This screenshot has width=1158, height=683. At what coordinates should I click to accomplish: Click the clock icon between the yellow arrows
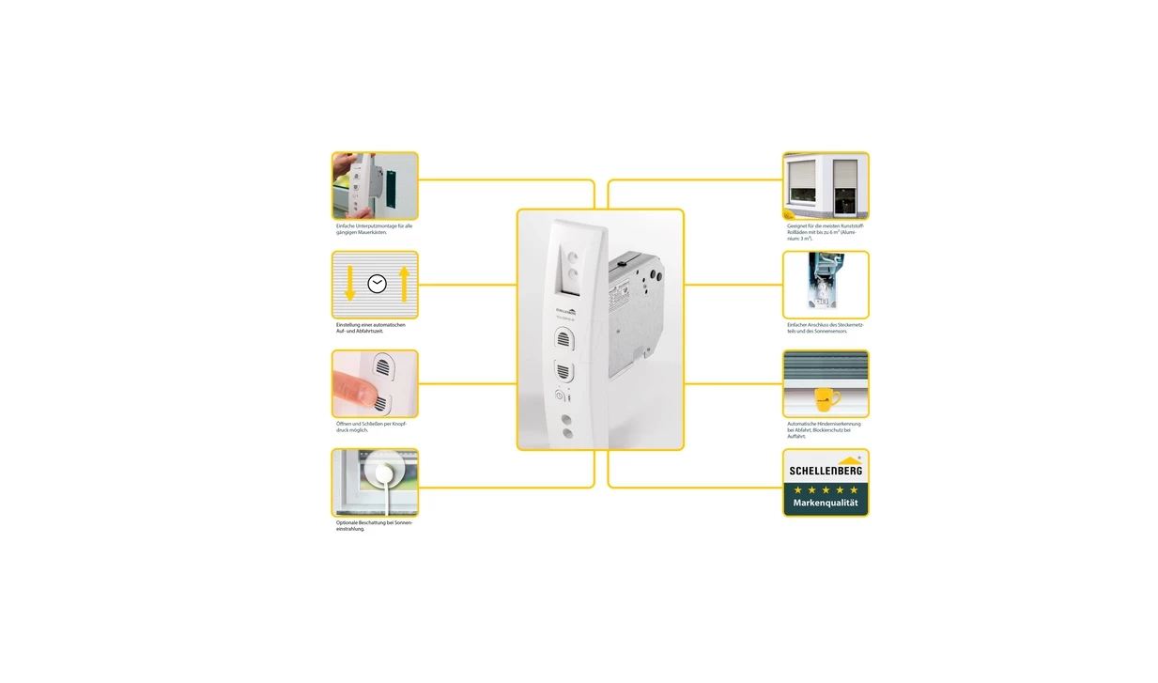coord(377,284)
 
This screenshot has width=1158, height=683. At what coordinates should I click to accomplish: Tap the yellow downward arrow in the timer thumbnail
coord(350,284)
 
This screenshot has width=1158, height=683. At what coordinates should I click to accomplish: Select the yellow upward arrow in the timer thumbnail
coord(404,284)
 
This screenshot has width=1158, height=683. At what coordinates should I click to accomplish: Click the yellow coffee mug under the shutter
coord(826,398)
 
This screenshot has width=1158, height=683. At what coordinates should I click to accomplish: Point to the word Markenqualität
coord(826,504)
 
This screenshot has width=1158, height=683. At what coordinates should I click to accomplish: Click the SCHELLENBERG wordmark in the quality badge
coord(826,471)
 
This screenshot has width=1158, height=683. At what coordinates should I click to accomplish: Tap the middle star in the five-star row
coord(826,489)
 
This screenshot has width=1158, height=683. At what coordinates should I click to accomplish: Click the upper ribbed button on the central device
coord(566,336)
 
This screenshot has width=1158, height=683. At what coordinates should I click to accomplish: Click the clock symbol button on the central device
coord(561,395)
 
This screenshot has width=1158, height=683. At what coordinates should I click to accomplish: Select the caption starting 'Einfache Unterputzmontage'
coord(374,229)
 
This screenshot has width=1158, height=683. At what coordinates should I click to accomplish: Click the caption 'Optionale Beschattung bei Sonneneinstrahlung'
coord(374,525)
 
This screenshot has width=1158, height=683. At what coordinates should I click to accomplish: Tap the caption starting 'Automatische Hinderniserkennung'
coord(824,430)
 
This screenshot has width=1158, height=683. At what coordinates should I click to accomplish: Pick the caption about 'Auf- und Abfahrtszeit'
coord(371,328)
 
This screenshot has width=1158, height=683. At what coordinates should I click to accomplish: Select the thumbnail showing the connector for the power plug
coord(826,285)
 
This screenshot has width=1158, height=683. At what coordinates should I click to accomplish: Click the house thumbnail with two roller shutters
coord(826,186)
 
